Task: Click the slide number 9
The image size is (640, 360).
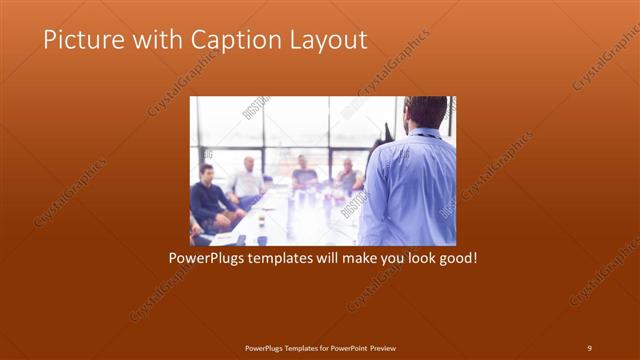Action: point(589,347)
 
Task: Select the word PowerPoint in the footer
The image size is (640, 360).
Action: point(344,347)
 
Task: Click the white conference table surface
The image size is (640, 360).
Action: point(290,215)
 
